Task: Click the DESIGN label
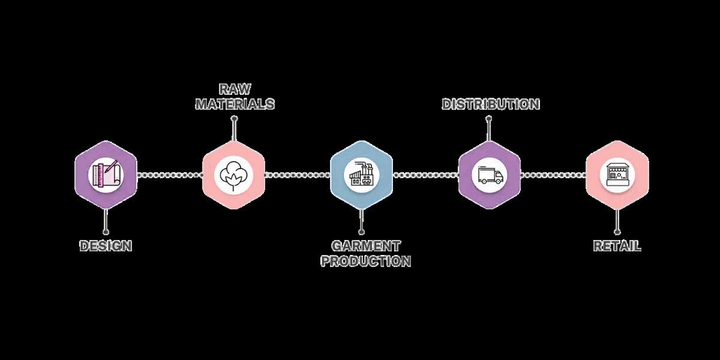106,246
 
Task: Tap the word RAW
235,89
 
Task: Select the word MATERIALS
235,104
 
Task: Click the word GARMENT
366,246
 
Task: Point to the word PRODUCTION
366,262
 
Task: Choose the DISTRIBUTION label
491,104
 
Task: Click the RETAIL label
617,246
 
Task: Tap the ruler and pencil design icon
106,175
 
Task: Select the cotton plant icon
233,175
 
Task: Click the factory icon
362,175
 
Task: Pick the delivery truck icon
490,175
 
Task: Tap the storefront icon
617,175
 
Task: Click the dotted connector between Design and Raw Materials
170,175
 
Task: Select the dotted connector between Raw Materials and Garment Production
298,175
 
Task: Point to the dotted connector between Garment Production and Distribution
425,175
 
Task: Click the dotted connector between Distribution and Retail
553,175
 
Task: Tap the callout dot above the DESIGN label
106,231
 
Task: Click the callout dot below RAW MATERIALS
234,119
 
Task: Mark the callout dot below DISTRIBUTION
490,119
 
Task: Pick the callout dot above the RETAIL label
617,231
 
